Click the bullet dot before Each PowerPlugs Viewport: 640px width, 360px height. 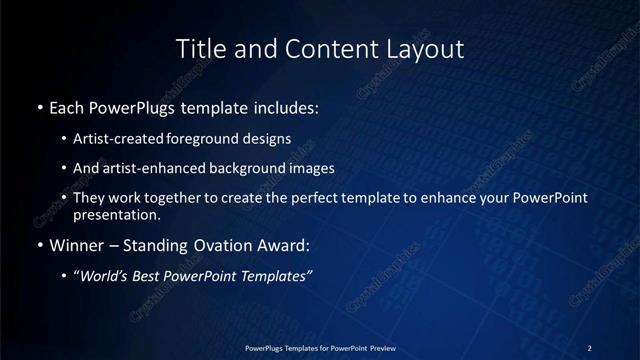coord(39,107)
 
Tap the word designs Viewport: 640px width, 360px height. coord(265,138)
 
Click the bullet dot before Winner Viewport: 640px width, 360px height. coord(39,245)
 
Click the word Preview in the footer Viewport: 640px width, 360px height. coord(377,348)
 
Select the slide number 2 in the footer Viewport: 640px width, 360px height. coord(590,348)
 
